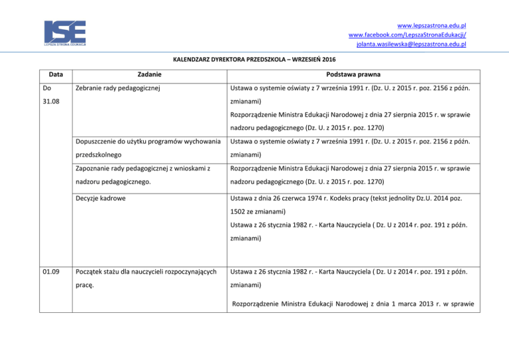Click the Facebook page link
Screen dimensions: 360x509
pos(408,34)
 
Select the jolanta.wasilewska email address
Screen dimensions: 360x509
pos(411,44)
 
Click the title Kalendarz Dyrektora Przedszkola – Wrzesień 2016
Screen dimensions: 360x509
pos(254,59)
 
